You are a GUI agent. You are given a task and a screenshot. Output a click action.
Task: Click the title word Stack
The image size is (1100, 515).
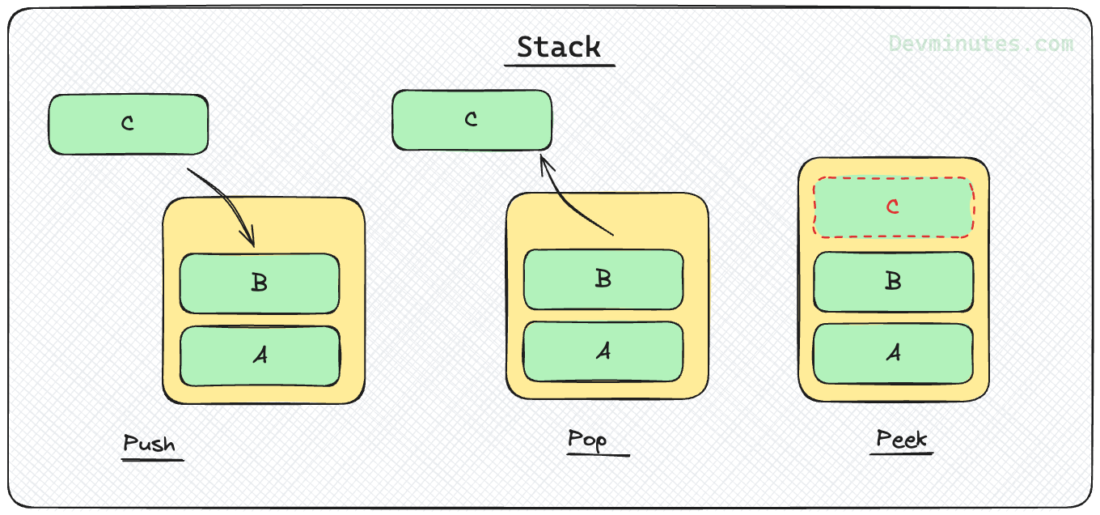(x=559, y=47)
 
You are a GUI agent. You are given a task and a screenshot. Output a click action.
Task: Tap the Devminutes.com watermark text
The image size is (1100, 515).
(x=981, y=44)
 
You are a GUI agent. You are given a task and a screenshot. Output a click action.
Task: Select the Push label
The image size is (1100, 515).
(x=149, y=444)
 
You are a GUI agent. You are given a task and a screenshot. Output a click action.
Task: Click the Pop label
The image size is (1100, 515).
(x=587, y=440)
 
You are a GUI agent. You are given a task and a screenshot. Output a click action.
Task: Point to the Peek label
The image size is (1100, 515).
(x=902, y=439)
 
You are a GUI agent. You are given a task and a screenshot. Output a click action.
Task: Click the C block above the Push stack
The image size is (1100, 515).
(x=129, y=124)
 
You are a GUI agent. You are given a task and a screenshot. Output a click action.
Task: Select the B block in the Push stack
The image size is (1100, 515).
(x=259, y=283)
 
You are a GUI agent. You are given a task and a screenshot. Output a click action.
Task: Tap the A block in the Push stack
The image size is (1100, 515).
(x=259, y=356)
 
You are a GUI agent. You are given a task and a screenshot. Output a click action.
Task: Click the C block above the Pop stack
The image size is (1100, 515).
(x=472, y=120)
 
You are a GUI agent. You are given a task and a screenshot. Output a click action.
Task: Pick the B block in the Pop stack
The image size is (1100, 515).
(x=603, y=279)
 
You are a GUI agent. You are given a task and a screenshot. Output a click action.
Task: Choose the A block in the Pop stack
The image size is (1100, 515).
(x=603, y=351)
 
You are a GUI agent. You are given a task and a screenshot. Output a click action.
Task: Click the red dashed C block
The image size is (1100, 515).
(x=893, y=207)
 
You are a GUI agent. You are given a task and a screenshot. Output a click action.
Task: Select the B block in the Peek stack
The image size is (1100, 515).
(x=893, y=282)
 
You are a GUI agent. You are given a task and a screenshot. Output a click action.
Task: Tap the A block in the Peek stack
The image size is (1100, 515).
(x=893, y=354)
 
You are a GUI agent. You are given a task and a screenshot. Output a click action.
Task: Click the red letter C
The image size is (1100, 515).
(x=893, y=207)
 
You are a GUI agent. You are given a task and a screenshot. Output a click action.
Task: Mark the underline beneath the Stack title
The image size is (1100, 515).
(x=559, y=65)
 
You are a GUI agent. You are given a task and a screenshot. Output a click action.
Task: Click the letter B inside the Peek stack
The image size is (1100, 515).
(x=893, y=282)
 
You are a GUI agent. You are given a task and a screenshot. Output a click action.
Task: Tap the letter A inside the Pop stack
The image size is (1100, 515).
(x=603, y=351)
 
